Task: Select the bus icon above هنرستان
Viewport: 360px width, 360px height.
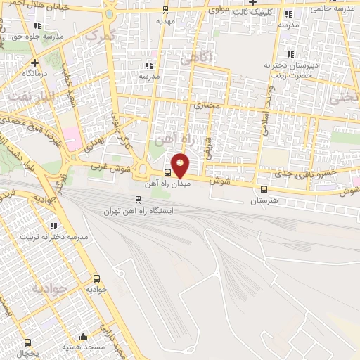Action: click(x=264, y=189)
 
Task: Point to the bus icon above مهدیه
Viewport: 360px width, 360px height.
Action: click(x=166, y=11)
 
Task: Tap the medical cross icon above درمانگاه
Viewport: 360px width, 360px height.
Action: click(x=34, y=63)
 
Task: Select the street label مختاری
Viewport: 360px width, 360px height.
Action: click(x=207, y=105)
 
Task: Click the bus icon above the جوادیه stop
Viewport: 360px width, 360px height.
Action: click(x=96, y=278)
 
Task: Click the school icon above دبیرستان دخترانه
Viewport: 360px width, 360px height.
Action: click(x=290, y=54)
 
